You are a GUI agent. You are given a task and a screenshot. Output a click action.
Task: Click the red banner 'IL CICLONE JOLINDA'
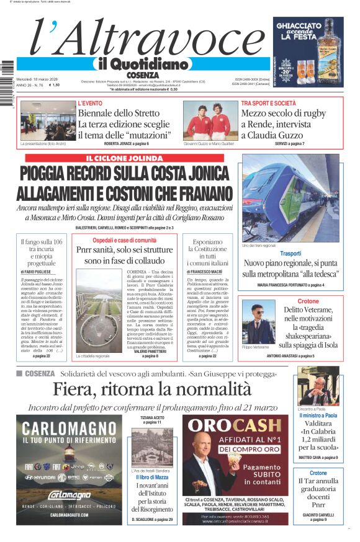click(x=130, y=159)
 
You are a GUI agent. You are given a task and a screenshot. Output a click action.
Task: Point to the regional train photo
click(x=290, y=198)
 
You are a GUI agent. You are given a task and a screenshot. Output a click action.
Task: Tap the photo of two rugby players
click(x=210, y=120)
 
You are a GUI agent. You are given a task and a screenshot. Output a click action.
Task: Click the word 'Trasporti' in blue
click(x=290, y=253)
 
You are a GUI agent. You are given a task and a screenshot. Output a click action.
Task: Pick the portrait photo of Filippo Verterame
click(x=259, y=322)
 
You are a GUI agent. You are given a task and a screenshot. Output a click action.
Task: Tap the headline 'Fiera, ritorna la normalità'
click(x=152, y=389)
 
